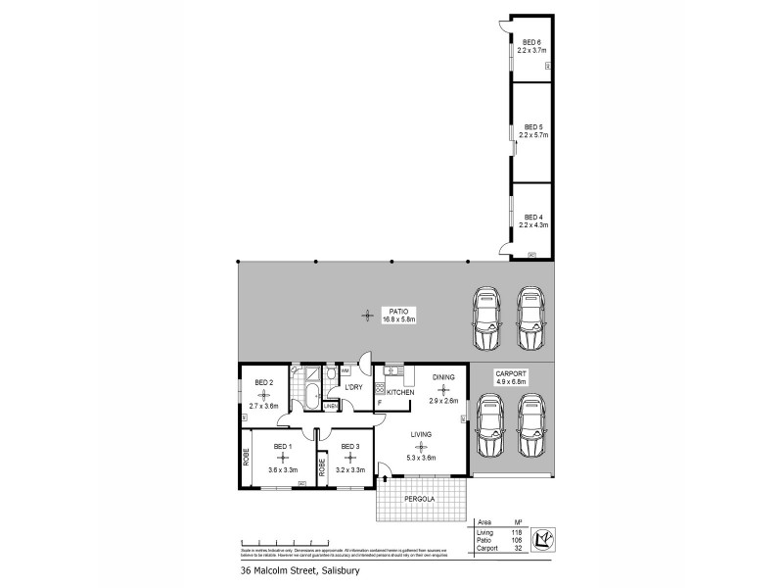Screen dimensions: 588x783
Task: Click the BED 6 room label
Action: pyautogui.click(x=531, y=40)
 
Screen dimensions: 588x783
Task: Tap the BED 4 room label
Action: pyautogui.click(x=532, y=217)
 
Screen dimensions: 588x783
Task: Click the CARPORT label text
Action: pyautogui.click(x=511, y=373)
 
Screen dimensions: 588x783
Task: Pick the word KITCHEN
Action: pyautogui.click(x=401, y=392)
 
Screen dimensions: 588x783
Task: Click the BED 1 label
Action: pyautogui.click(x=282, y=447)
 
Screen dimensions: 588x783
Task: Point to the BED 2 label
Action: pyautogui.click(x=263, y=382)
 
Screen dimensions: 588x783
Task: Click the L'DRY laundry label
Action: pyautogui.click(x=352, y=386)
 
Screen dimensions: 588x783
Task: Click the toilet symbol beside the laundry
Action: pyautogui.click(x=331, y=373)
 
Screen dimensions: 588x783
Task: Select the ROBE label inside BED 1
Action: pyautogui.click(x=246, y=457)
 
